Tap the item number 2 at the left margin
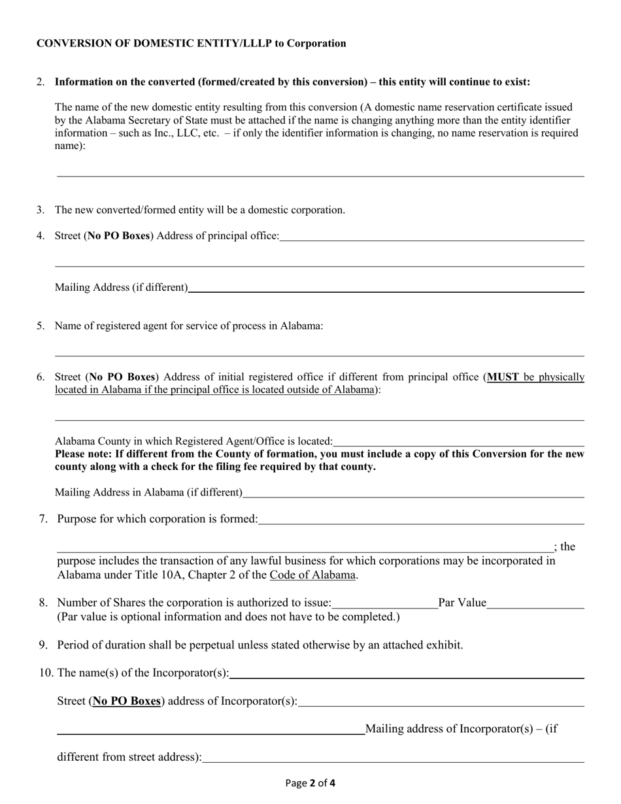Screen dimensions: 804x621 point(41,82)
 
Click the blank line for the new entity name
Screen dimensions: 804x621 point(320,171)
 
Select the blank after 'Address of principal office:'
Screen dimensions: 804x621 point(431,236)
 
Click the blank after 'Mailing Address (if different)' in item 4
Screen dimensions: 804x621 point(386,287)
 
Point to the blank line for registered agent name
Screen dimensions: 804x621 point(319,351)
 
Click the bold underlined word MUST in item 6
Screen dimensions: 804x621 point(503,377)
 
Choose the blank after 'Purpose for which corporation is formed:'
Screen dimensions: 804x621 point(421,519)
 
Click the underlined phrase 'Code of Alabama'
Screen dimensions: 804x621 point(312,575)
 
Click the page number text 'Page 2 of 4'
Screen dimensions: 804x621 point(310,782)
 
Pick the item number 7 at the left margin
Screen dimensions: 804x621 point(43,519)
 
